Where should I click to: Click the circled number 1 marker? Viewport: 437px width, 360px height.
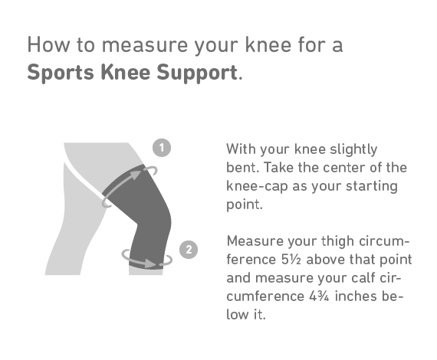[x=162, y=148]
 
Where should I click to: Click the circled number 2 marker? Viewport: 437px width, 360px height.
[x=189, y=250]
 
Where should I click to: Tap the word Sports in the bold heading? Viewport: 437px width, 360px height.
[x=61, y=73]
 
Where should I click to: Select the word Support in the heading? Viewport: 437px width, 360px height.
[x=197, y=73]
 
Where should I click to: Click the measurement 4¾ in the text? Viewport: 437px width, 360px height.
[x=319, y=296]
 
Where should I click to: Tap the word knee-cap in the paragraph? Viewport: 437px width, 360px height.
[x=257, y=186]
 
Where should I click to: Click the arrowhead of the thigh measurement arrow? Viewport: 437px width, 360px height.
[x=136, y=175]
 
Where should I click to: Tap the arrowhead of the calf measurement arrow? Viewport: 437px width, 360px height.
[x=150, y=263]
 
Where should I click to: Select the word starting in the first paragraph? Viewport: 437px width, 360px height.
[x=372, y=186]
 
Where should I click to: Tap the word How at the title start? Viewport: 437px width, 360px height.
[x=48, y=45]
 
